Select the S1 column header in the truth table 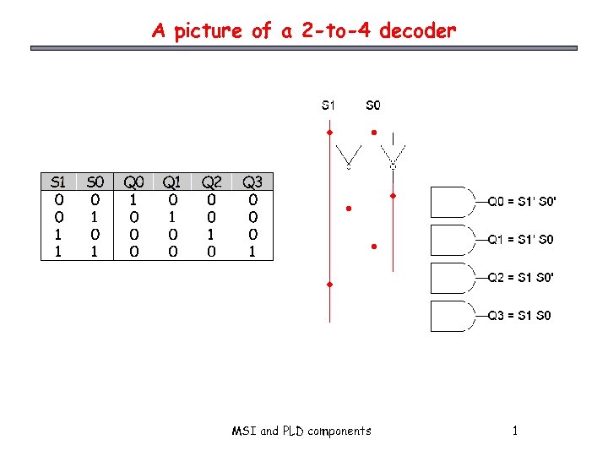(58, 182)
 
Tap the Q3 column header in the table (252, 182)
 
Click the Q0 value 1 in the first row (133, 200)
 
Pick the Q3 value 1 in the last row (252, 251)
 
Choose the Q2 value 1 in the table (212, 234)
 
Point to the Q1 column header (171, 182)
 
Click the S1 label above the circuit (328, 106)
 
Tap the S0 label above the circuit (372, 106)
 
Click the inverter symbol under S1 (349, 157)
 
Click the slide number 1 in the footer (514, 432)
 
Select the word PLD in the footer (293, 432)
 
